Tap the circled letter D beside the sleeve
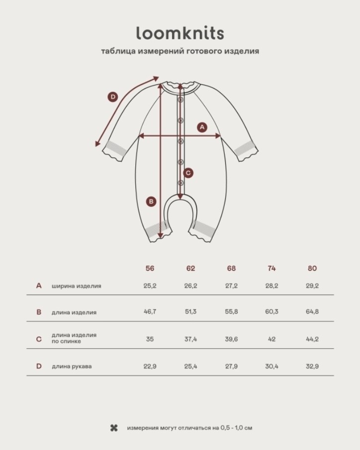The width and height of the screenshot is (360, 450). [x=113, y=97]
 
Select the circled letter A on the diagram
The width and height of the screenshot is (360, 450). [x=202, y=127]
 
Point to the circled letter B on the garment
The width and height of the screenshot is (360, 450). [x=151, y=201]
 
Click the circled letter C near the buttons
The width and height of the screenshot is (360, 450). [x=188, y=173]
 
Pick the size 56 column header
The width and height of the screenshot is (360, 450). [x=150, y=268]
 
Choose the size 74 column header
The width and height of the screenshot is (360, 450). [x=271, y=268]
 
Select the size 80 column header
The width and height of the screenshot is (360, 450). [x=312, y=268]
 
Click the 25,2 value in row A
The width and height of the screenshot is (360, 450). [x=150, y=286]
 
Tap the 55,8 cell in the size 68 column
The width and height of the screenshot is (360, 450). [x=231, y=311]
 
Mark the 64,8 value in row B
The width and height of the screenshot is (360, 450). [x=312, y=311]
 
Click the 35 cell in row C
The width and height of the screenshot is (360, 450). [x=150, y=339]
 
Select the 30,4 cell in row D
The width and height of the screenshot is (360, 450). [x=271, y=367]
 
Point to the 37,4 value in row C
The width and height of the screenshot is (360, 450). [x=190, y=339]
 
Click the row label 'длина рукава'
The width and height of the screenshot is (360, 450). [x=72, y=367]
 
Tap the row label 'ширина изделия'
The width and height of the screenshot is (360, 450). [x=77, y=286]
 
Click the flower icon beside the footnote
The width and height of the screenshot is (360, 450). [x=114, y=429]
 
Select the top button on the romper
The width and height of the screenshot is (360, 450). [x=180, y=99]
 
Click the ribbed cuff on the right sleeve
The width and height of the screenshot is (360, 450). [x=245, y=150]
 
